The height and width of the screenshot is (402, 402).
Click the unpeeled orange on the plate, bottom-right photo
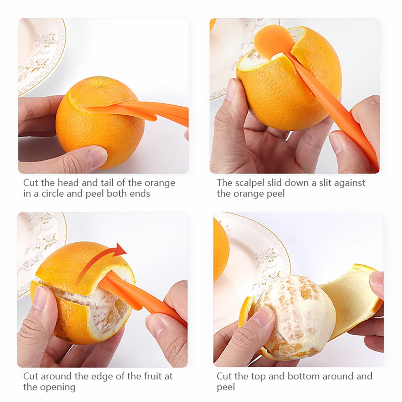[x=221, y=251]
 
